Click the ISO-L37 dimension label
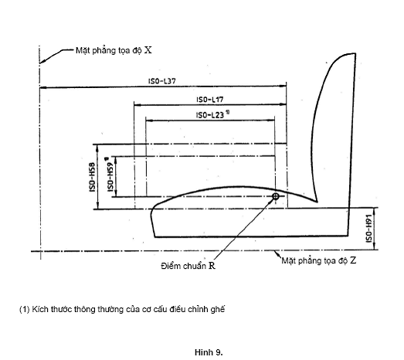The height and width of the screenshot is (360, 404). click(161, 81)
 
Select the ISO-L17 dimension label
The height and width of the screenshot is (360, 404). click(210, 99)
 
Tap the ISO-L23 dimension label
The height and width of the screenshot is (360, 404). click(210, 115)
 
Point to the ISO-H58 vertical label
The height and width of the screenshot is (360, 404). click(92, 177)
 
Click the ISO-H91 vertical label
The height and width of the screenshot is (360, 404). click(368, 228)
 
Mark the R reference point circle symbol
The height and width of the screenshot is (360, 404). click(276, 196)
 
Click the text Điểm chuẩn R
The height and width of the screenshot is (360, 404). click(188, 266)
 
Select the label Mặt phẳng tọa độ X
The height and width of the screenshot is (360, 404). click(114, 50)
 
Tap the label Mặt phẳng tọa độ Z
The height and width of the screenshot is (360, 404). click(319, 260)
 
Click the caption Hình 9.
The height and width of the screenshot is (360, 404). click(209, 352)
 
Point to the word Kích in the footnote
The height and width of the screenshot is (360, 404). click(40, 309)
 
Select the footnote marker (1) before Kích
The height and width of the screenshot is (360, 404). click(25, 309)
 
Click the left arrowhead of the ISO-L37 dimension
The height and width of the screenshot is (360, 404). click(42, 87)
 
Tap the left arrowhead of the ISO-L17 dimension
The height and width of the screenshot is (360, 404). click(137, 104)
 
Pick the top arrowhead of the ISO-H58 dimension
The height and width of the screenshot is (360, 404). click(97, 148)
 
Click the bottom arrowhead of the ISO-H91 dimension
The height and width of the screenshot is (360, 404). click(374, 246)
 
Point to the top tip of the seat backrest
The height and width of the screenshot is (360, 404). click(355, 53)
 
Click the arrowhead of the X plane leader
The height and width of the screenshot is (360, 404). click(42, 61)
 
